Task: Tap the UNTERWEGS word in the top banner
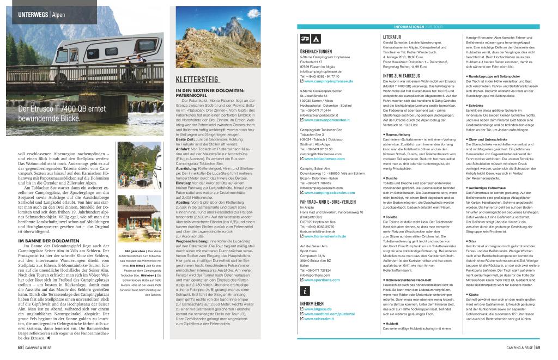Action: pos(33,14)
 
